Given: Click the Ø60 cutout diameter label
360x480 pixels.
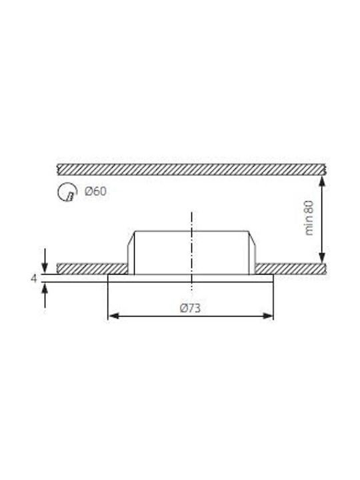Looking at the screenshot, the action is click(95, 191).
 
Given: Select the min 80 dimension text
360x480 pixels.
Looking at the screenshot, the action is click(309, 218).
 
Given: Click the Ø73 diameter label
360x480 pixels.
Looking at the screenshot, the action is click(191, 308).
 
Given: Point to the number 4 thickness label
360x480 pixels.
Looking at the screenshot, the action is click(34, 279).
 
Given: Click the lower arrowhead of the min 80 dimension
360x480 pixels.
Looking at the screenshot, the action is click(322, 258).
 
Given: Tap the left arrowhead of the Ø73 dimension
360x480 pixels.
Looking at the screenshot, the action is click(113, 316).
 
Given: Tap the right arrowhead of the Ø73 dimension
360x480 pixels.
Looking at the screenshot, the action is click(267, 316).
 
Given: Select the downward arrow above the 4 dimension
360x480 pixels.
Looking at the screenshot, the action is click(45, 261).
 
